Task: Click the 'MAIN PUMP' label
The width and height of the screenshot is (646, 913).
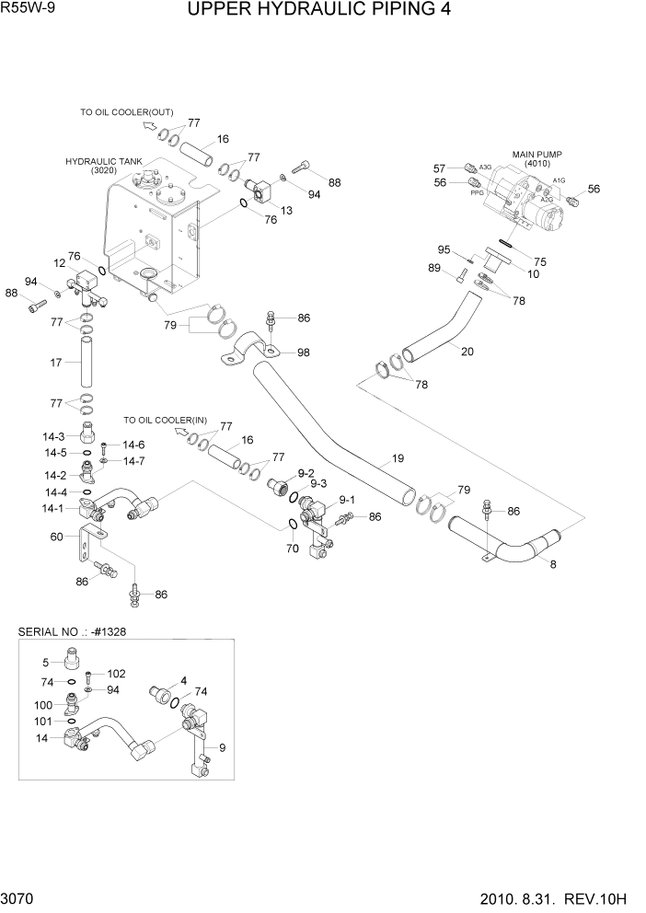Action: coord(536,154)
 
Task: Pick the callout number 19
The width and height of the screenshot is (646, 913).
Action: coord(398,457)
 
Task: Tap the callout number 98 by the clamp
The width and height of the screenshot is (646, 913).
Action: coord(303,352)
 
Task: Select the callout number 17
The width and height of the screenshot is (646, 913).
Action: coord(55,363)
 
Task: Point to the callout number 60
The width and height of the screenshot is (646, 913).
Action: coord(56,537)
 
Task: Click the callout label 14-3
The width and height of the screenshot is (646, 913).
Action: coord(54,436)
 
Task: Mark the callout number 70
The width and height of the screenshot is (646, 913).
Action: coord(293,549)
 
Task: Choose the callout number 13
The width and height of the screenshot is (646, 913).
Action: coord(286,211)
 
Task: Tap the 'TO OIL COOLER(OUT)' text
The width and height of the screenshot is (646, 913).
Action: coord(125,111)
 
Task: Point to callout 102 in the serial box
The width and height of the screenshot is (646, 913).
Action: coord(116,674)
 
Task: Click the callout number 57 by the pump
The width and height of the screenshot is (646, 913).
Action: coord(440,168)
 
